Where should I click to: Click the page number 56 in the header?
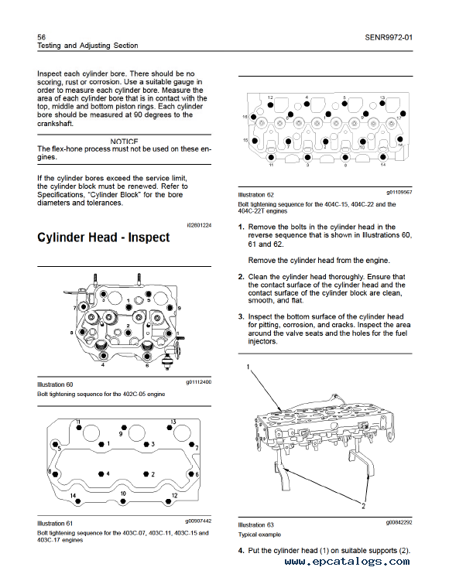(41, 37)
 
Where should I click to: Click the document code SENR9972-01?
(389, 37)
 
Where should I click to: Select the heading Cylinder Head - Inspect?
(103, 237)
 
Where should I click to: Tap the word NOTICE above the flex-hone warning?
(124, 142)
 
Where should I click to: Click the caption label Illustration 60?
(55, 384)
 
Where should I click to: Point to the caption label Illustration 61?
(55, 524)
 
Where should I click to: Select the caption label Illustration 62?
(255, 195)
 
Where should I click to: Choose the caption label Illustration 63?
(255, 524)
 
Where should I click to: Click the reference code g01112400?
(198, 382)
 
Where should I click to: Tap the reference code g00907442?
(198, 521)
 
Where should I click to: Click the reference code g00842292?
(399, 522)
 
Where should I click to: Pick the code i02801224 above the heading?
(199, 225)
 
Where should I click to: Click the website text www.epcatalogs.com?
(347, 562)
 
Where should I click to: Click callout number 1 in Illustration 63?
(248, 367)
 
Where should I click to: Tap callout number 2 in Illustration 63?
(363, 506)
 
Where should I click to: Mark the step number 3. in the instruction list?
(241, 316)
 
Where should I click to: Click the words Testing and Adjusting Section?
(87, 46)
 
